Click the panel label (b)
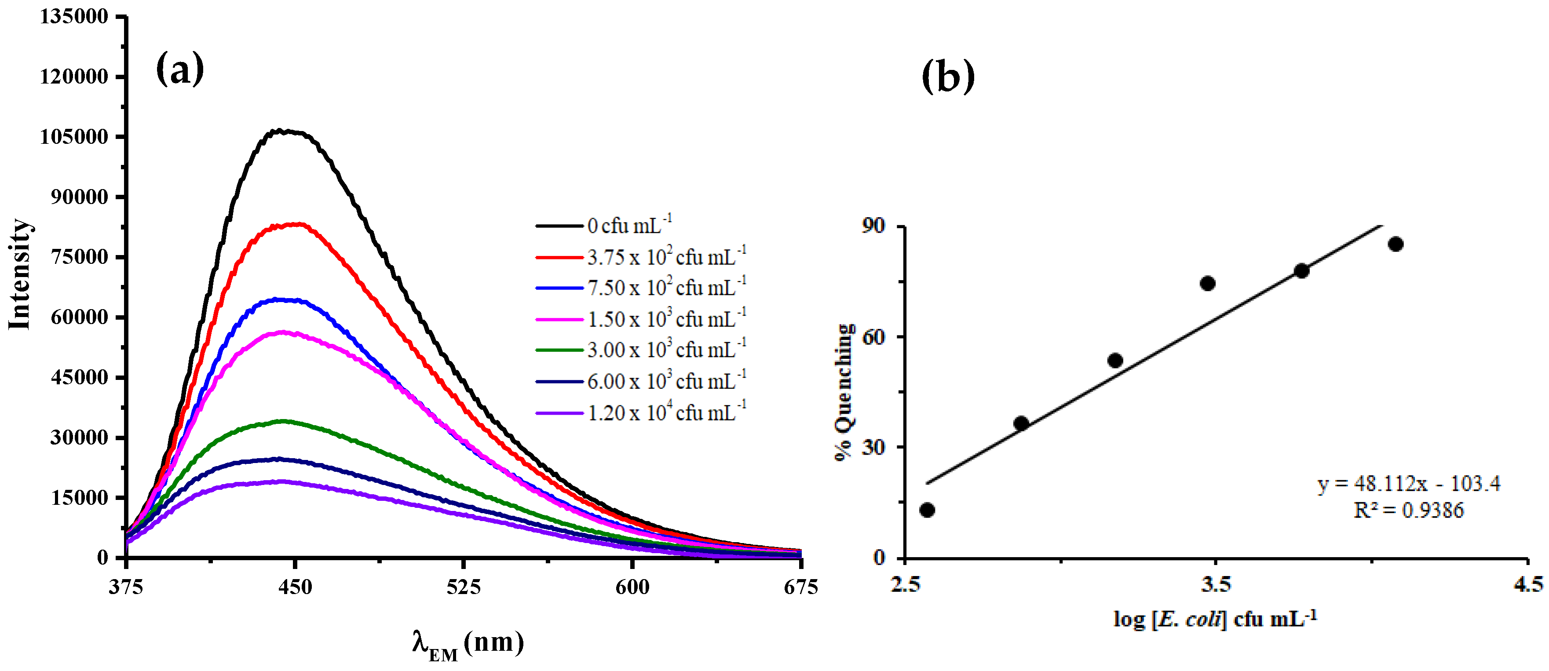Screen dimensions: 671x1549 pos(948,77)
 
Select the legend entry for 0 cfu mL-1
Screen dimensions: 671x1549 pos(629,226)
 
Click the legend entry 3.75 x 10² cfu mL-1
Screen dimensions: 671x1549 pos(666,257)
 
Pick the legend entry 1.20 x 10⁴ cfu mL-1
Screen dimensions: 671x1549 pos(666,413)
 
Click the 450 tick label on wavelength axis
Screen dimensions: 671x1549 pos(295,587)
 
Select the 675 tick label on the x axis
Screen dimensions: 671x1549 pos(800,587)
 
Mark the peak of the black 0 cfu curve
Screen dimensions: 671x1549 pos(280,131)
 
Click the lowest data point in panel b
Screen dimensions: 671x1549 pos(927,510)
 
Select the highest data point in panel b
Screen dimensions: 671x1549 pos(1396,244)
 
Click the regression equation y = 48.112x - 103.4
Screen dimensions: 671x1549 pos(1408,483)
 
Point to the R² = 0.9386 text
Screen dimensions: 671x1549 pos(1408,511)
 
